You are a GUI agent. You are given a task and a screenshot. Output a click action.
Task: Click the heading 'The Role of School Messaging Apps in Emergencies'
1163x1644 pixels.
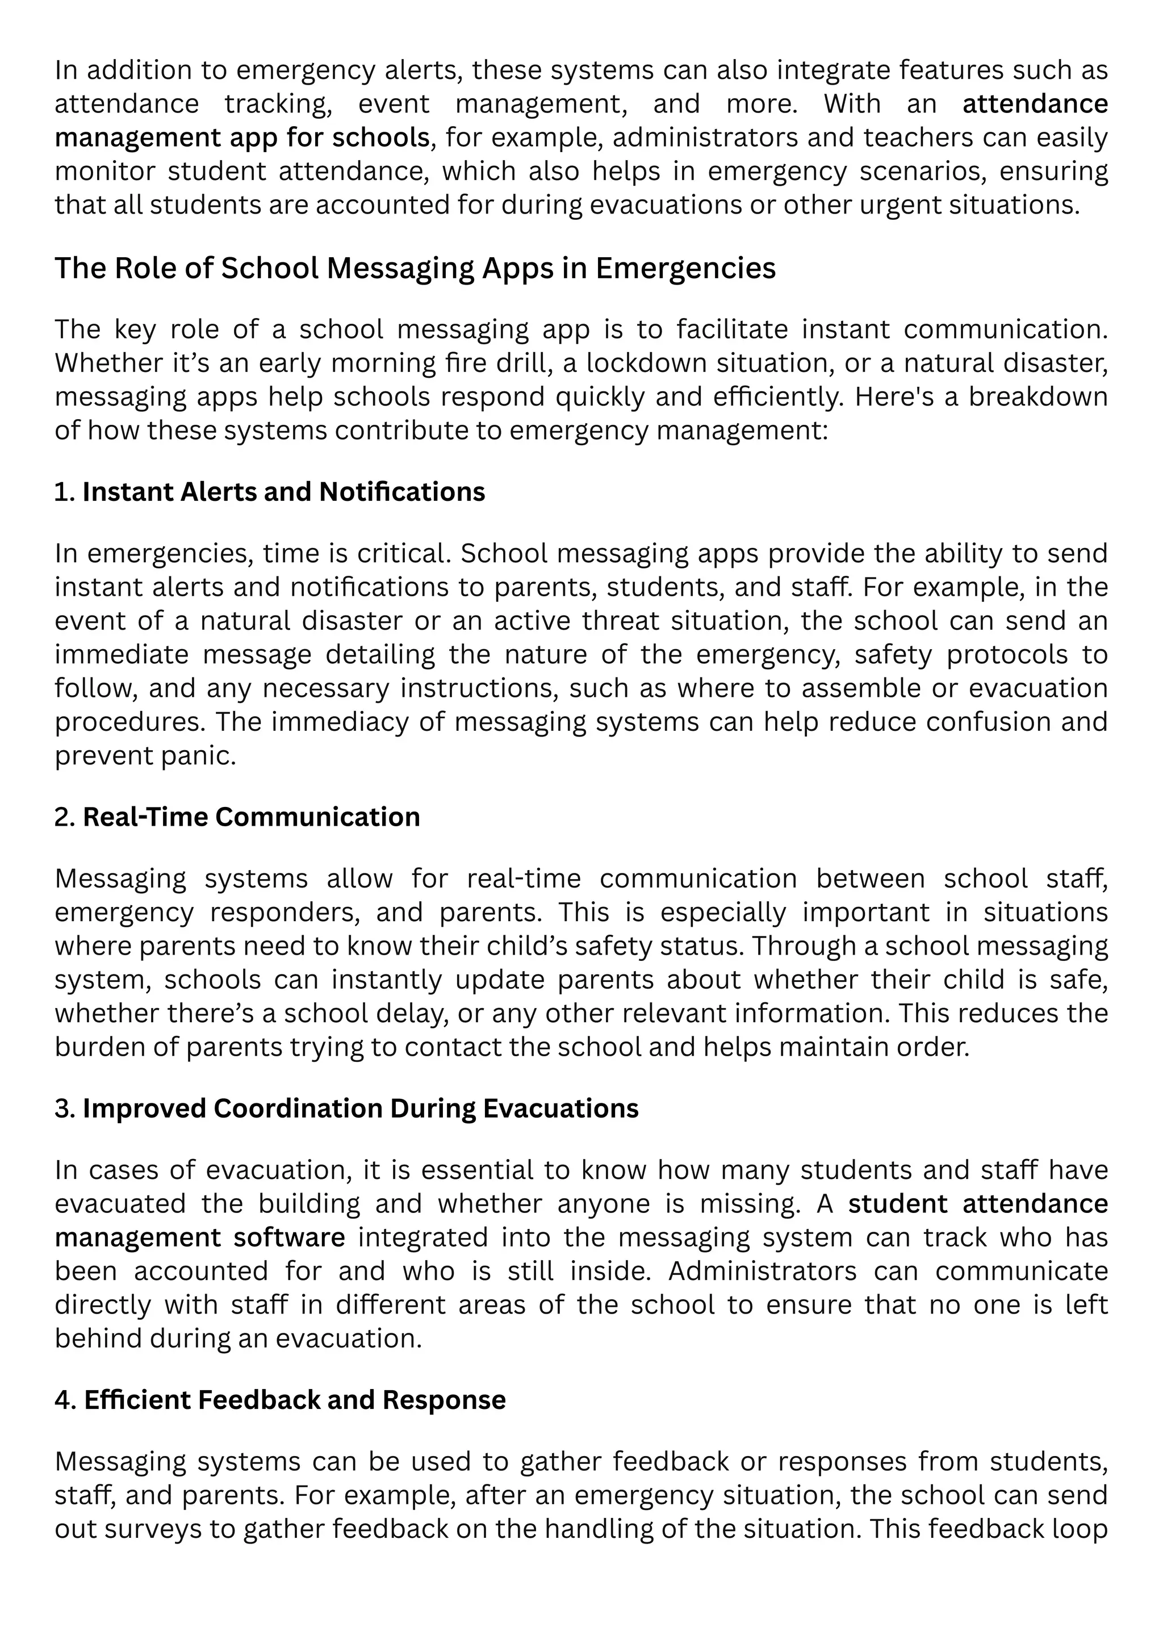pyautogui.click(x=415, y=269)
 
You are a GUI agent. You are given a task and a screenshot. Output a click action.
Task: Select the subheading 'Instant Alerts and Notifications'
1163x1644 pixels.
pyautogui.click(x=283, y=492)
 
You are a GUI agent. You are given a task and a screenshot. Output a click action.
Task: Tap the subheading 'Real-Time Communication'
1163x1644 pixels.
pyautogui.click(x=252, y=817)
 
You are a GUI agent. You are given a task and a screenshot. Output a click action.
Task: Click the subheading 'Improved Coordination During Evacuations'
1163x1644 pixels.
pyautogui.click(x=360, y=1108)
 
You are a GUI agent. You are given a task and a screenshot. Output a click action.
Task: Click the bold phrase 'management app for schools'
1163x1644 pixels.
pyautogui.click(x=242, y=137)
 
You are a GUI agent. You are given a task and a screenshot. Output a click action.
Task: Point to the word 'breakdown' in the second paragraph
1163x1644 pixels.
pyautogui.click(x=1038, y=397)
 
